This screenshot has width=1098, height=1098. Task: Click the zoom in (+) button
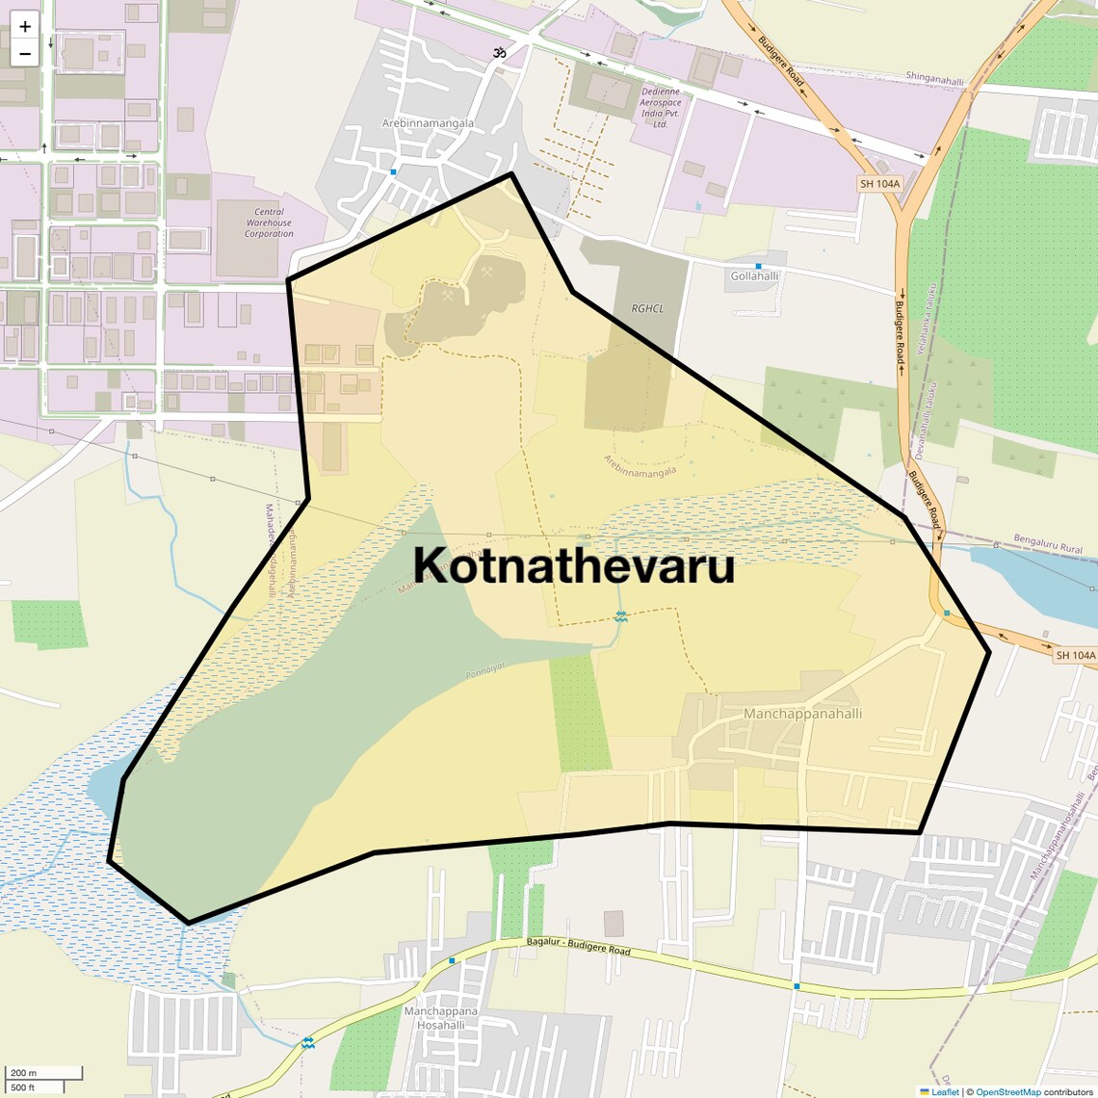25,27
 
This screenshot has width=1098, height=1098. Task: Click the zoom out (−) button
25,53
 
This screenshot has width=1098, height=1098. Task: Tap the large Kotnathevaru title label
574,565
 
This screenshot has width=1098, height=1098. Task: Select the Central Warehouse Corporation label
269,222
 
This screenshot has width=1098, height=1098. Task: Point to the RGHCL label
647,309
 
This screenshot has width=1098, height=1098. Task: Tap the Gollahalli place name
754,276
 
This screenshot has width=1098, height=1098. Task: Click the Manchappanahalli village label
802,714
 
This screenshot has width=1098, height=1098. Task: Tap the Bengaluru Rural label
1048,545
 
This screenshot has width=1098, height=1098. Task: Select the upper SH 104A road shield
879,183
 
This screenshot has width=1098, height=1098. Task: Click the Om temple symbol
499,53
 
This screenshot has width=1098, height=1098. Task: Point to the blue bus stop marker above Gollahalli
758,265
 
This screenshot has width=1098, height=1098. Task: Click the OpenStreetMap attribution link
1007,1091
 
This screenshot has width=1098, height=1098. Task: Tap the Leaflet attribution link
944,1091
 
